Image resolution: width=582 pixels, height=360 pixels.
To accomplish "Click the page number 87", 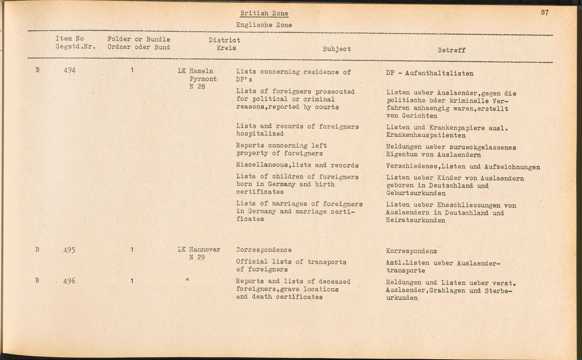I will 545,13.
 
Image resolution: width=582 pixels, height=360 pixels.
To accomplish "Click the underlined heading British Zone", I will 264,13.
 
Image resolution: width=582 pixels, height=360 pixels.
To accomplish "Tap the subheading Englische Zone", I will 264,25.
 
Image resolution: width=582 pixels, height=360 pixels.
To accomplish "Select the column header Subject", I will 337,49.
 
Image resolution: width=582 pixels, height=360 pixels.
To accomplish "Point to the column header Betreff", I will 451,50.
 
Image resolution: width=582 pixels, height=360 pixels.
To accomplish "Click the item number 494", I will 70,70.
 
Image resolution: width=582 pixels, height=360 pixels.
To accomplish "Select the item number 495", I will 69,250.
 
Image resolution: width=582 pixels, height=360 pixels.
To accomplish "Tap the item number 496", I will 69,281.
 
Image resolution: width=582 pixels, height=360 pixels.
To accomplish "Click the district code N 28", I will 197,87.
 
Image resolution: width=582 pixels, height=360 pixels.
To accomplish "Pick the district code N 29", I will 197,257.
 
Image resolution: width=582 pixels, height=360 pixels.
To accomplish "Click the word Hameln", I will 201,71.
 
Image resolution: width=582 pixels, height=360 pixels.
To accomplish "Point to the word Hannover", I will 204,250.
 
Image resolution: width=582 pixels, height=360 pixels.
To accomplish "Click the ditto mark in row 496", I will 187,280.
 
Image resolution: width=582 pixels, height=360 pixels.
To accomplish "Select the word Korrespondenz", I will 411,251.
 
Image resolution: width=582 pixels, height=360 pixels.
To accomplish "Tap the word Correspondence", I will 264,250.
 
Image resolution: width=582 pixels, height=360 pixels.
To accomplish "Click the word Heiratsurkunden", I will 415,220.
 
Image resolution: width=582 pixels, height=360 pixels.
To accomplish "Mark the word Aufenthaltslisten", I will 439,74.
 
